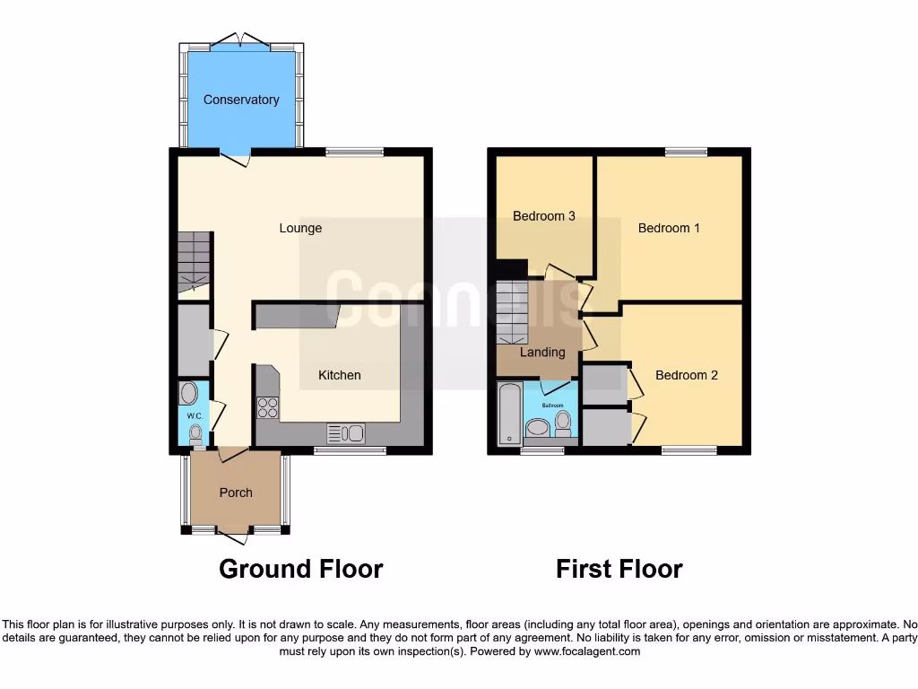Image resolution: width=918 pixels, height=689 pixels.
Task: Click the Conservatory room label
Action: point(241,100)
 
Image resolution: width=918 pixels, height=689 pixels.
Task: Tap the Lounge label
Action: point(300,228)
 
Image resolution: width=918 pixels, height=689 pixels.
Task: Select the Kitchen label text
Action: point(340,375)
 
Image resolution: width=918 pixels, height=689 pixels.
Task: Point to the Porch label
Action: point(236,493)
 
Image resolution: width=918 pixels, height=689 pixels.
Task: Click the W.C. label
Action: point(194,417)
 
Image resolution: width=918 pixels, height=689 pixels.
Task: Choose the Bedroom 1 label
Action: point(669,228)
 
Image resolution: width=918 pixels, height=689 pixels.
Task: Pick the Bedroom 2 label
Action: point(686,375)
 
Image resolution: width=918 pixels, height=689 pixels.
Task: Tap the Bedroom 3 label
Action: point(544,215)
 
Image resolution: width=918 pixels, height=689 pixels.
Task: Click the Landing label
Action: point(542,353)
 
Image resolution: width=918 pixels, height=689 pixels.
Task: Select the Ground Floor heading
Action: point(300,569)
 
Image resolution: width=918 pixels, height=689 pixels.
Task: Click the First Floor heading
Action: point(619,569)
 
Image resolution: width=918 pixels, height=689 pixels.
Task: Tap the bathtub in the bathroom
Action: point(508,414)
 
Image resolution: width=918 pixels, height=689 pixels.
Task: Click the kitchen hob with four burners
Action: point(268,407)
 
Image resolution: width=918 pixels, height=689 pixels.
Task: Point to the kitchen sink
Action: point(346,433)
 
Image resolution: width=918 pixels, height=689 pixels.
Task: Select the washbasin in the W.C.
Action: point(188,393)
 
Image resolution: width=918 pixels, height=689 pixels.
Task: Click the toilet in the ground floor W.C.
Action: point(195,434)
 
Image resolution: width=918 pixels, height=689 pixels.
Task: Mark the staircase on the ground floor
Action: point(193,260)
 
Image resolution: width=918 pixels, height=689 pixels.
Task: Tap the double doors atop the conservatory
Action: point(241,39)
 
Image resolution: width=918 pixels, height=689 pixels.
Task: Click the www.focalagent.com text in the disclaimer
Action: point(586,651)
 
